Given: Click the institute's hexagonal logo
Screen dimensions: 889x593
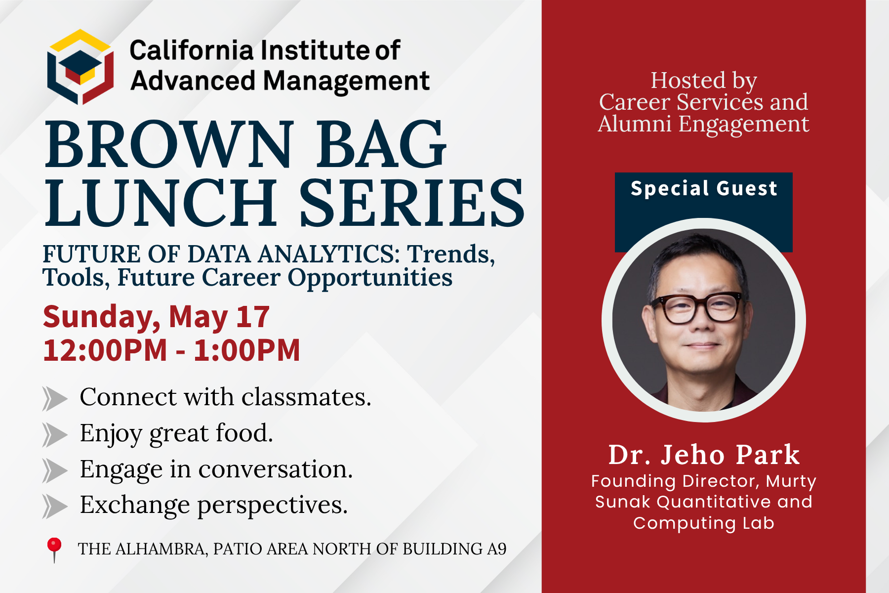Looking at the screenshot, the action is tap(81, 67).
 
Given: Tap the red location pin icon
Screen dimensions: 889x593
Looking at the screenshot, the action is tap(54, 550).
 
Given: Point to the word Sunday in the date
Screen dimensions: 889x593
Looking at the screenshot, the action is tap(101, 317).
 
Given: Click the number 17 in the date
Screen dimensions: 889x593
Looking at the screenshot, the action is tap(253, 316).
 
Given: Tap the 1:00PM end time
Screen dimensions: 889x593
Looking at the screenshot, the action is tap(246, 350).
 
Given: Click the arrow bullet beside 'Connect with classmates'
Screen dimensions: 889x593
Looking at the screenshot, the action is tap(55, 399).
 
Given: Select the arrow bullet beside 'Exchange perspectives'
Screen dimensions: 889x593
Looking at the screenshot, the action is tap(55, 507).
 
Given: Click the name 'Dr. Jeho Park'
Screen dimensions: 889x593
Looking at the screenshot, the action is tap(704, 455).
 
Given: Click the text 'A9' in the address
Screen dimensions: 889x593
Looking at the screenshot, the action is tap(497, 549).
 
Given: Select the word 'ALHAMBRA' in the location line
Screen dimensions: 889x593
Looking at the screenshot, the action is tap(161, 549).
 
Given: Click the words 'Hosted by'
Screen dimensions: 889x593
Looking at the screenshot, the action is tap(704, 81).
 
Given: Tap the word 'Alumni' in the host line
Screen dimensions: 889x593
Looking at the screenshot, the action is tap(635, 124).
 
